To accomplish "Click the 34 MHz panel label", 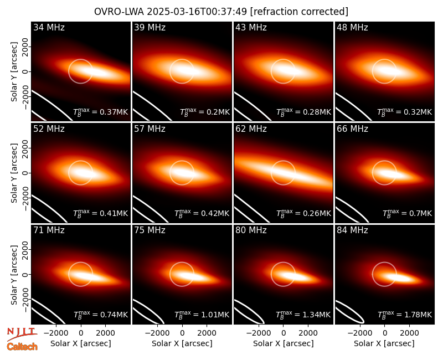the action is tap(49, 27).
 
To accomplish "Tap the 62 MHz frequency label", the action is tap(251, 129).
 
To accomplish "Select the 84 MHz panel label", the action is tap(352, 230).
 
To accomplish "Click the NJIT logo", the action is tap(22, 333).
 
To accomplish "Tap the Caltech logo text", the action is tap(22, 347).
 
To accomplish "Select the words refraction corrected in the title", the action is tap(299, 12).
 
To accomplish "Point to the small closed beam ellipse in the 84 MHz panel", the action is tap(350, 312).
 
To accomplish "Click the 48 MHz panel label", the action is tap(352, 27).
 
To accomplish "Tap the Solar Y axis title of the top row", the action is tap(14, 72).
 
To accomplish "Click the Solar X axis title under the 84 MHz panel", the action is tap(384, 343).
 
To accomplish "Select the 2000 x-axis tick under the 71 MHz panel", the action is tap(105, 333).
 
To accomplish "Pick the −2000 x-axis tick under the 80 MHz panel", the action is tap(258, 333).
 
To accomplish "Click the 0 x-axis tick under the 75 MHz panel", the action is tap(182, 333).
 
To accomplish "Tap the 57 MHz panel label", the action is tap(150, 129).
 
